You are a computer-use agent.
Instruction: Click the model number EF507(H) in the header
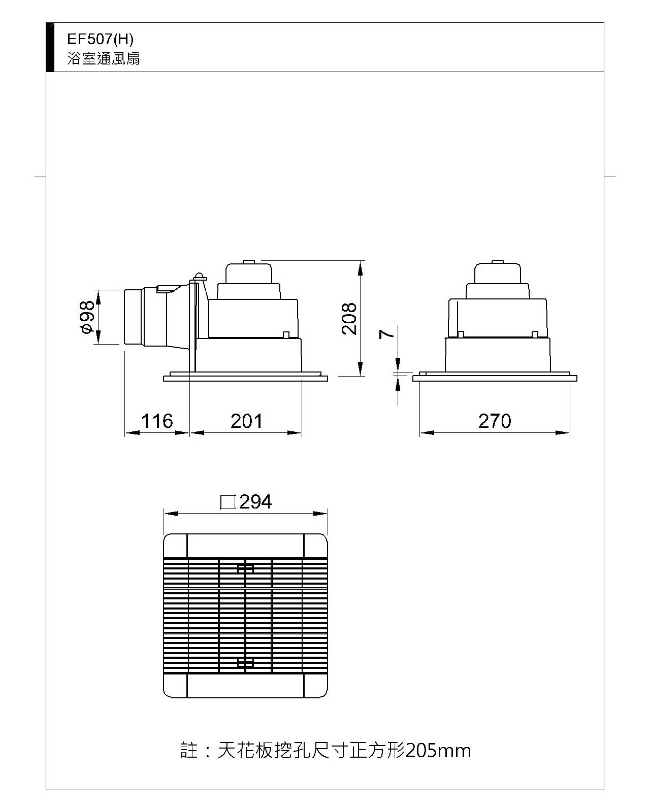[x=100, y=39]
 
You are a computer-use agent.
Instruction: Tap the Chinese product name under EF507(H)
[x=104, y=58]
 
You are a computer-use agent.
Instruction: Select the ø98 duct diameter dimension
[x=88, y=317]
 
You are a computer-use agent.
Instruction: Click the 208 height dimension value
[x=349, y=319]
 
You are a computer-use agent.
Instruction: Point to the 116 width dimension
[x=157, y=421]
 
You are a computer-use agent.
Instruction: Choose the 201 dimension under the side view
[x=246, y=421]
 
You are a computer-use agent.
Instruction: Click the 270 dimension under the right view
[x=495, y=421]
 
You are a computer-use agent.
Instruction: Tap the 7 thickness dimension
[x=387, y=334]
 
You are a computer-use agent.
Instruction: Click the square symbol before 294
[x=228, y=502]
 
